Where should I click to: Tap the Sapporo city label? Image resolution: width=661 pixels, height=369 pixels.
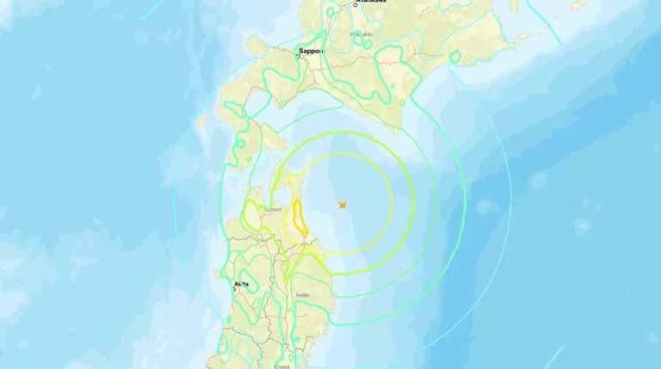pyautogui.click(x=311, y=52)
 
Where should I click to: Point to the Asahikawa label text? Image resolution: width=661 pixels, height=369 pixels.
pyautogui.click(x=373, y=2)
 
